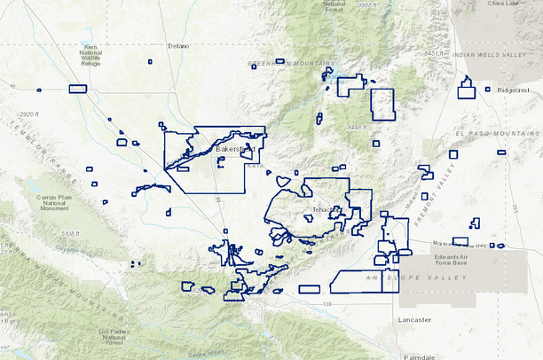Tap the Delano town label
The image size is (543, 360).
click(178, 45)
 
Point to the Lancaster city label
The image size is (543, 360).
click(414, 319)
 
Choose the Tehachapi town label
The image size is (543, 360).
click(326, 210)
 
